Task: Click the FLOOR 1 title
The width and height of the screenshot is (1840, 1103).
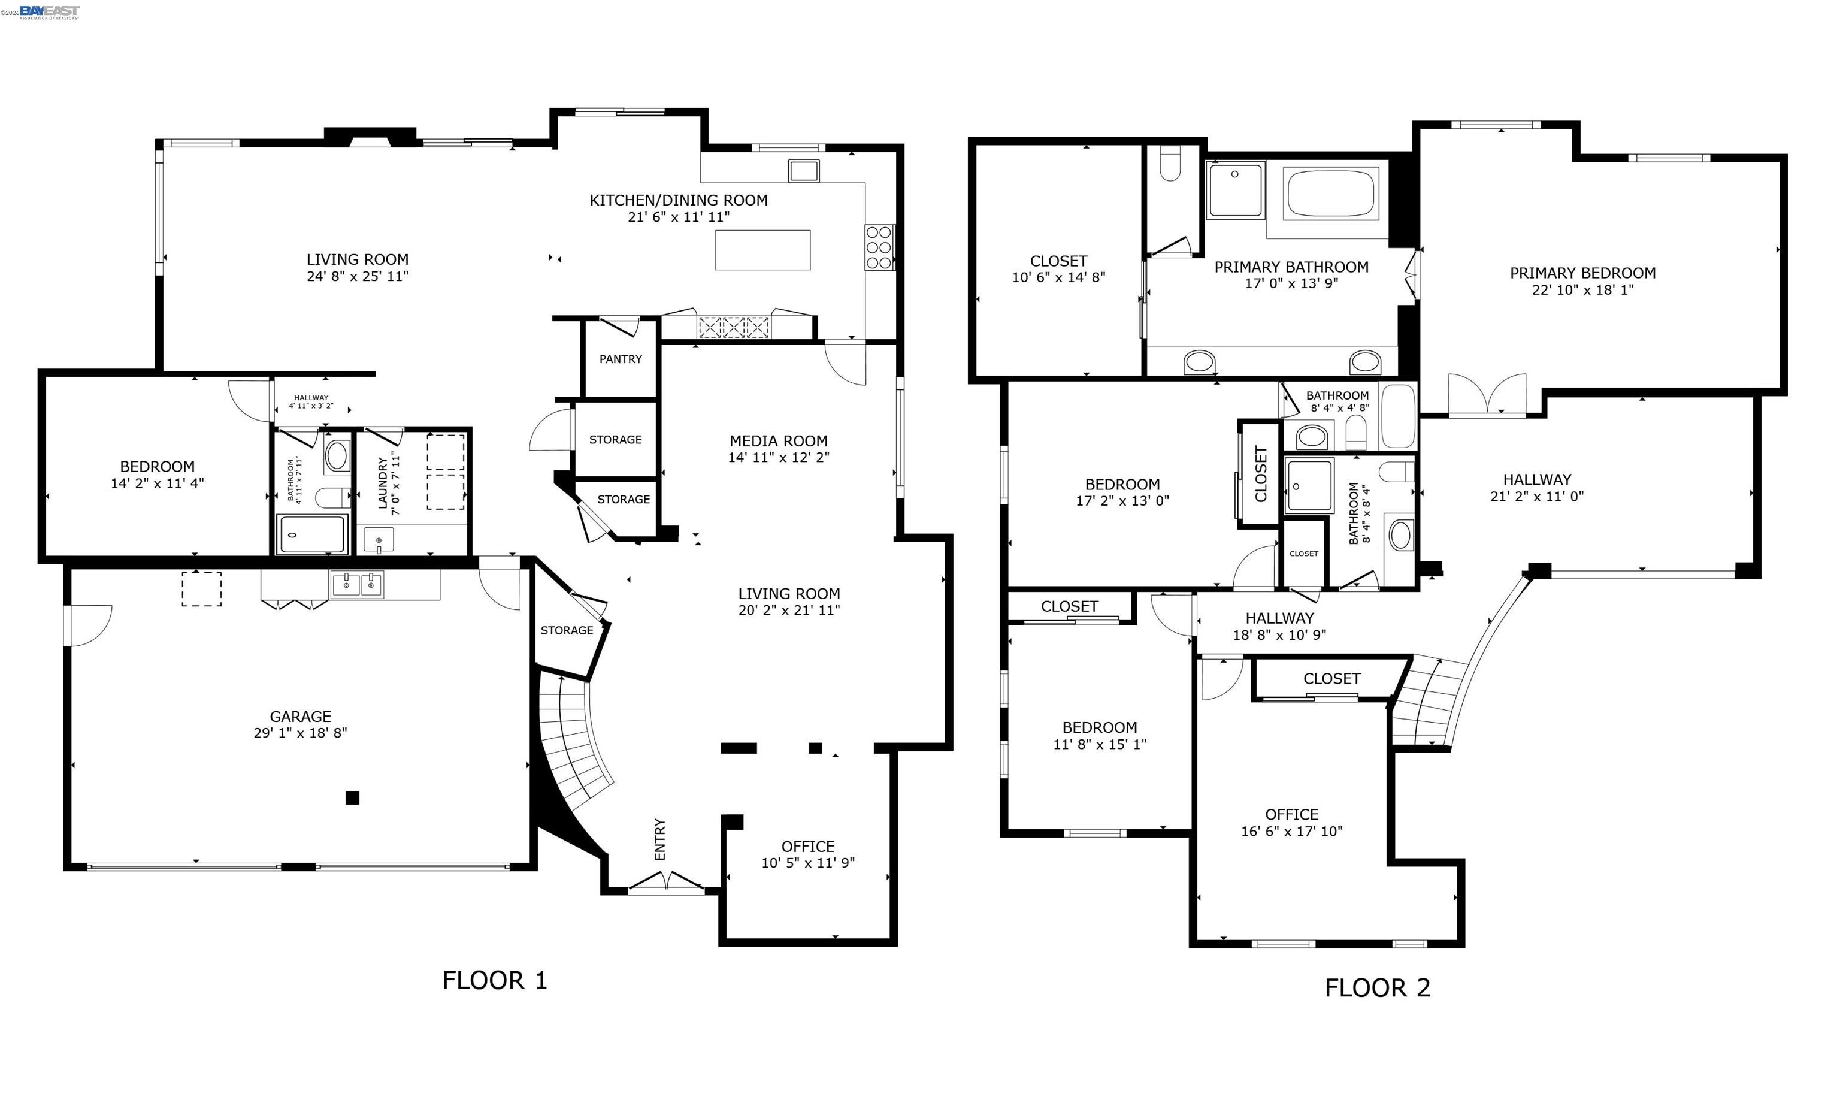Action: [495, 980]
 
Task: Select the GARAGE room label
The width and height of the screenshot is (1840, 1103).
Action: [300, 717]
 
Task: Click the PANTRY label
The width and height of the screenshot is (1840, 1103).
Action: [621, 359]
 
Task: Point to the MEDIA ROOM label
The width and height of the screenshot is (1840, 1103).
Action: [779, 441]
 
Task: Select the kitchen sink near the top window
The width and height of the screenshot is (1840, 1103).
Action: [804, 170]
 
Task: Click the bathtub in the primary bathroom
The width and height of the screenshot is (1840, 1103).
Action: [1331, 194]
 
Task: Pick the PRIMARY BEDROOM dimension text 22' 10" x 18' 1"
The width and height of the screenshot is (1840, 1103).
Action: [1582, 290]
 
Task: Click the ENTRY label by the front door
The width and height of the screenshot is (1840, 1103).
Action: [659, 840]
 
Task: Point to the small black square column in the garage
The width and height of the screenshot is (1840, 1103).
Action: [352, 797]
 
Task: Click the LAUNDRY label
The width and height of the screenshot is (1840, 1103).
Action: [383, 483]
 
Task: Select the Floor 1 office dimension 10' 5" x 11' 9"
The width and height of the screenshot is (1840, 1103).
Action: [808, 863]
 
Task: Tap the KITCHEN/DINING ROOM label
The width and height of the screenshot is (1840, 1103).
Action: [678, 200]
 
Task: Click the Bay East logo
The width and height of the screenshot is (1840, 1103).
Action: [49, 11]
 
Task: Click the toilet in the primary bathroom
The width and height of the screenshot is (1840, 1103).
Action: [1170, 163]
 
